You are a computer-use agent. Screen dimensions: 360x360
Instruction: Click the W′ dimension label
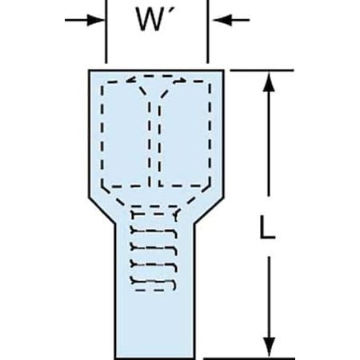157,18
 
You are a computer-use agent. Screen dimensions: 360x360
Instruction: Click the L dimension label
267,226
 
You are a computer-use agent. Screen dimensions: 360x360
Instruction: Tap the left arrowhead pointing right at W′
96,20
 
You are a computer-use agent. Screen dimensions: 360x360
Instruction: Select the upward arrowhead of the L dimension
269,82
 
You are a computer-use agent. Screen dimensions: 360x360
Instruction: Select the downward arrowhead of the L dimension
269,346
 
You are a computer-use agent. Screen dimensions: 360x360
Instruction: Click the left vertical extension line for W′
106,32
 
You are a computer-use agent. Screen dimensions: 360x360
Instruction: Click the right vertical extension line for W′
208,32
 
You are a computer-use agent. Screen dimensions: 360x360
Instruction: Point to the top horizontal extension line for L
262,70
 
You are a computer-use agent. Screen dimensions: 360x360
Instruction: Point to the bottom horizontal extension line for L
250,358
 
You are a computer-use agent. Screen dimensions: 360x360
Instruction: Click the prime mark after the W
174,11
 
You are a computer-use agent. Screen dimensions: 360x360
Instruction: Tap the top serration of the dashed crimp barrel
154,214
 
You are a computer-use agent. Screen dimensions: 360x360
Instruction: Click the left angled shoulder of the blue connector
102,210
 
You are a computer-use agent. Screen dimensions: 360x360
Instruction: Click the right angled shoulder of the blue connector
209,210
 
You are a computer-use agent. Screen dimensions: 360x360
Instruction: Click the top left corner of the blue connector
90,70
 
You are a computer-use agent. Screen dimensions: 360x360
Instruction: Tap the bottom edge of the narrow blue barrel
154,358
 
